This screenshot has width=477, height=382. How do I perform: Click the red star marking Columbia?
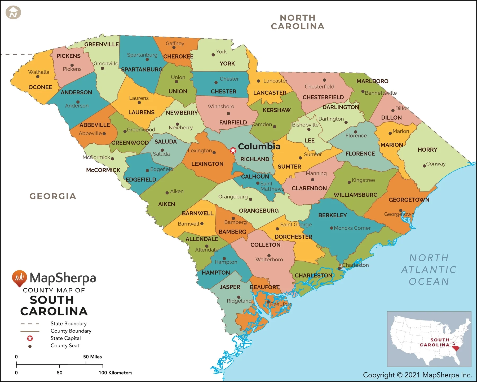[x=233, y=151]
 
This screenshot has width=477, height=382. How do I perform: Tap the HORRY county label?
[x=427, y=150]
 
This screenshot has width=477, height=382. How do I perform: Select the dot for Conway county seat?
[x=424, y=166]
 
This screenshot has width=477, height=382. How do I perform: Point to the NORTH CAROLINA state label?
[x=298, y=22]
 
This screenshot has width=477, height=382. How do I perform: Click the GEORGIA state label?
[x=53, y=196]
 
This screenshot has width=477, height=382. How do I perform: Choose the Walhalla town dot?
[x=38, y=77]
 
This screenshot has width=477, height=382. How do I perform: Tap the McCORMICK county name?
[x=103, y=170]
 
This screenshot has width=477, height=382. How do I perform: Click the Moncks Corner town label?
[x=352, y=228]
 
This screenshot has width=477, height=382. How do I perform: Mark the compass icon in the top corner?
[x=13, y=12]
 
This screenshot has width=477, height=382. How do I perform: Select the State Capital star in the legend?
[x=30, y=338]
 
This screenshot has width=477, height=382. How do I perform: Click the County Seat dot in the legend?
[x=30, y=346]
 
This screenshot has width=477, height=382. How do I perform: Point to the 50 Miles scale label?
[x=92, y=357]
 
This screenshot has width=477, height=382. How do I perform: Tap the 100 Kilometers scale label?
[x=115, y=373]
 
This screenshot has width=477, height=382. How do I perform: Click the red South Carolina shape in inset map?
[x=456, y=348]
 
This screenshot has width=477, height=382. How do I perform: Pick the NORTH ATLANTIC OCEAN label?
[x=429, y=270]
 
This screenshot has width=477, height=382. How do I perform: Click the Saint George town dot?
[x=277, y=229]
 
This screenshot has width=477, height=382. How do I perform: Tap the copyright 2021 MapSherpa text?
[x=417, y=375]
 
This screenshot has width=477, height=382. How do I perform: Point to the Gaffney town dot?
[x=174, y=47]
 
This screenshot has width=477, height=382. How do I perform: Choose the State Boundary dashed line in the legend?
[x=30, y=324]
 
